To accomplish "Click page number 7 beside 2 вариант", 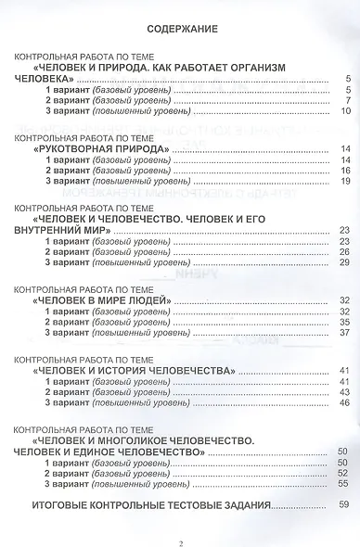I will pos(345,101).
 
